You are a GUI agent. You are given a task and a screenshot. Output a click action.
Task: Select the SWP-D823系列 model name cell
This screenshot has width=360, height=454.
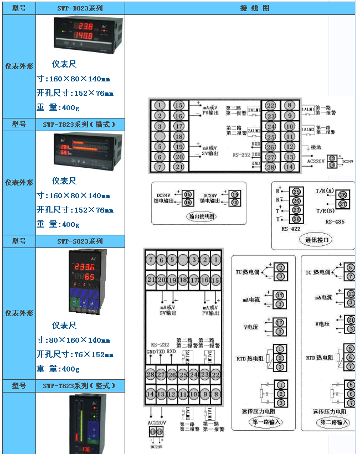(80, 8)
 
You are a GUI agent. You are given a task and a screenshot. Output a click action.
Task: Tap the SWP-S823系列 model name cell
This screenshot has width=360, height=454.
(80, 241)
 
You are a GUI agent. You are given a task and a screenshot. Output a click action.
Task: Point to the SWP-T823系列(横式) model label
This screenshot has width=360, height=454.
(80, 125)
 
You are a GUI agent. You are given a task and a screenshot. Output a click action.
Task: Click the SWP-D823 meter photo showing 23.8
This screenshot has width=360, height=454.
(80, 33)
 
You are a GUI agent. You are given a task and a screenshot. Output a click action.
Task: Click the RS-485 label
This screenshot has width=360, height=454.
(336, 221)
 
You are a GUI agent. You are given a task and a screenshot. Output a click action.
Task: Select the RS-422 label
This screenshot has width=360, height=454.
(291, 228)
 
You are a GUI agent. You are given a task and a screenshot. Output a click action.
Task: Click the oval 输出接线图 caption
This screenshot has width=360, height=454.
(202, 216)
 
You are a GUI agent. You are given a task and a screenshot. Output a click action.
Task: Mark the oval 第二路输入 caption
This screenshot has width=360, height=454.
(334, 422)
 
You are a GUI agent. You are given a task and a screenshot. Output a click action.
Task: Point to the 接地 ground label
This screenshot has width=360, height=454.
(316, 147)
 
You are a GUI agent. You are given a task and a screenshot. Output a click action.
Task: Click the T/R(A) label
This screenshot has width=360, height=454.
(325, 190)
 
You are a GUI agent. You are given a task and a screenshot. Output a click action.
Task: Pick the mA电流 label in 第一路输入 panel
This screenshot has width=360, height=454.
(250, 299)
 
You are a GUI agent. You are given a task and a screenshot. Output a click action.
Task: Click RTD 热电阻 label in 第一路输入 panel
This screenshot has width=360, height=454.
(249, 357)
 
